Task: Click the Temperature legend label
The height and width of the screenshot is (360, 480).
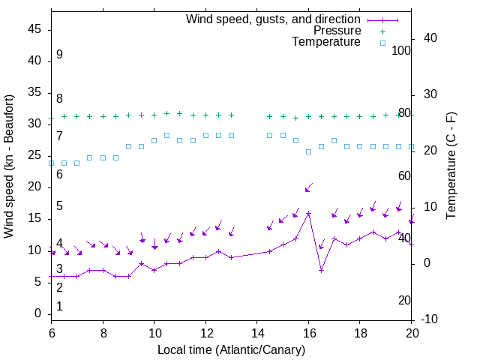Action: tap(326, 42)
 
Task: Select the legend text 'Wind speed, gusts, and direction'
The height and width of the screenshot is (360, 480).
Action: tap(274, 19)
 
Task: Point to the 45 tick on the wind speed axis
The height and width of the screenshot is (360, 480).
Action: tap(34, 28)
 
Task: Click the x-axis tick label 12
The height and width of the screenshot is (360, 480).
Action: tap(205, 334)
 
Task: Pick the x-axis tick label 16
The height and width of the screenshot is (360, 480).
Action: tap(308, 334)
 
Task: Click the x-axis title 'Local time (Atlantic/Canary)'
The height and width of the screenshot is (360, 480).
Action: tap(231, 349)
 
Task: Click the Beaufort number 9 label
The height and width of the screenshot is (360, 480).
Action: tap(59, 55)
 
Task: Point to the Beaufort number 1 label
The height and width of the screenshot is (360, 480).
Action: tap(59, 306)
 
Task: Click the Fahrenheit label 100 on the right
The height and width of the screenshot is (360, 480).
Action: tap(401, 50)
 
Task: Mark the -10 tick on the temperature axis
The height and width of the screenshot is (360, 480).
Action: tap(431, 319)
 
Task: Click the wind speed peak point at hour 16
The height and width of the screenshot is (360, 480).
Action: tap(308, 213)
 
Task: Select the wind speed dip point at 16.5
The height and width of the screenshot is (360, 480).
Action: tap(321, 270)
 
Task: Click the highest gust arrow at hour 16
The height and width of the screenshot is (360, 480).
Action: tap(307, 188)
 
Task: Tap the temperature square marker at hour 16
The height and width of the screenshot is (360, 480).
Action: tap(308, 151)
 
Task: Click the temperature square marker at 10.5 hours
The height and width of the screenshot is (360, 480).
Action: tap(166, 136)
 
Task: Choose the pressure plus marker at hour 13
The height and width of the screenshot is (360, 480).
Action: tap(231, 115)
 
